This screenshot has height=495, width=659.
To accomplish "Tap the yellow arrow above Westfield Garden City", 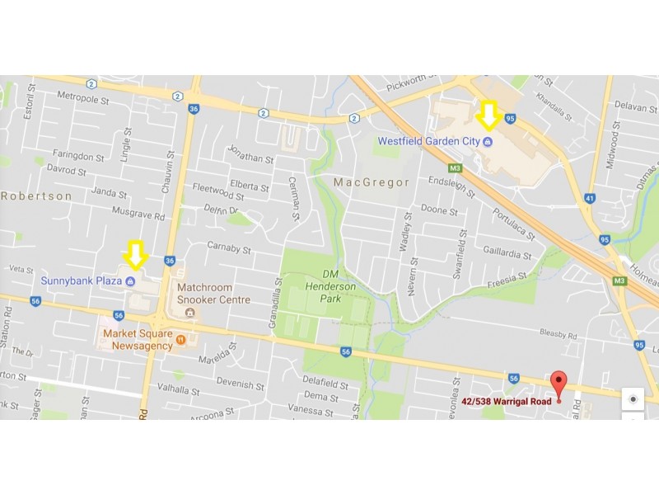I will [x=488, y=115].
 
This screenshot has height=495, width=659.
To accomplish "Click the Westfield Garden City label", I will [x=428, y=141].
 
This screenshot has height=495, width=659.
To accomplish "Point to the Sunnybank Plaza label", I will [x=82, y=281].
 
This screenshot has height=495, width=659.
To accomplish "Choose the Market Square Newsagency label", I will [x=138, y=339].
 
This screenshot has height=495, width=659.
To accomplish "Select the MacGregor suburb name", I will [x=371, y=181].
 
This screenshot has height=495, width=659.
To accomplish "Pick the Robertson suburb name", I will [x=36, y=196].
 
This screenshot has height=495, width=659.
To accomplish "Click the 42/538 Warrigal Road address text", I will [x=506, y=402].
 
